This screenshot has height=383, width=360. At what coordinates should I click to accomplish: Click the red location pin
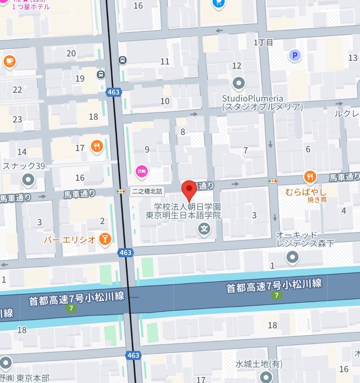189,189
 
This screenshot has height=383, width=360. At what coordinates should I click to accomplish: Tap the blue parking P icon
295,56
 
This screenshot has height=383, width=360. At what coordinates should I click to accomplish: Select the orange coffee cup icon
9,61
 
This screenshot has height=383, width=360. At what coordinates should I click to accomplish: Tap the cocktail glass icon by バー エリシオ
105,239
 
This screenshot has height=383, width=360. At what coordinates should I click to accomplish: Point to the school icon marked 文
205,230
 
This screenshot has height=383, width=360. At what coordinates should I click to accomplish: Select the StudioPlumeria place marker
239,84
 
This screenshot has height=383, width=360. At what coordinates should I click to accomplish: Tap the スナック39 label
24,166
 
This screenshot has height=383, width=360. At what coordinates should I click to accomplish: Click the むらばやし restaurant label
306,191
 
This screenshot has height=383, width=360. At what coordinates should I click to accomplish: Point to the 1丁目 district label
263,42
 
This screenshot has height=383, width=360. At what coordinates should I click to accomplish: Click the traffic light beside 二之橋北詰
121,191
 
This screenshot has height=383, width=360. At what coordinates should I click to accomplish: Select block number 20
71,54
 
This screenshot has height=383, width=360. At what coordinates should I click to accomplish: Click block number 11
165,61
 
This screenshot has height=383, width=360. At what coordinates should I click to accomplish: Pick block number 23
17,119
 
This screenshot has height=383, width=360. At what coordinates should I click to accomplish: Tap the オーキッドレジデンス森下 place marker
293,256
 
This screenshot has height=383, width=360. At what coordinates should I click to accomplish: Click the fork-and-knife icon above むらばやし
310,176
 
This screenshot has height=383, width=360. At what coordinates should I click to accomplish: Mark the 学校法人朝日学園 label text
188,207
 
